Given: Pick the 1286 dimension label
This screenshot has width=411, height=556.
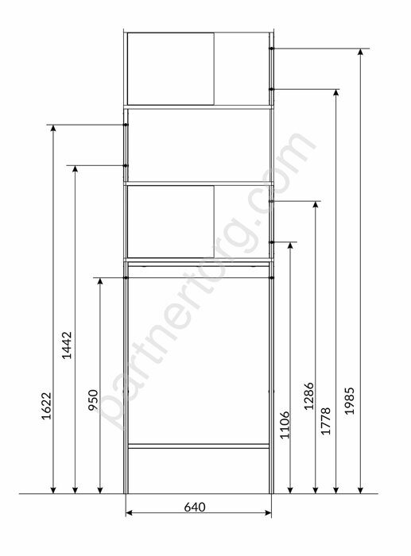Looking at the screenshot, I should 309,396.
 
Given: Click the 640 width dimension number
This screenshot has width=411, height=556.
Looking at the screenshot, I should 200,505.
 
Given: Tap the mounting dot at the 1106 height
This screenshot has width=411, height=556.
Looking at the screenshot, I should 272,241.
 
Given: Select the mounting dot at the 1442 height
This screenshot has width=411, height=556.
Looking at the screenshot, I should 126,165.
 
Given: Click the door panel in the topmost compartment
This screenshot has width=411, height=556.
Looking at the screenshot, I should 170,68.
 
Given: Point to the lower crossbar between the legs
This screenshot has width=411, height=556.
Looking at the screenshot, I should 199,446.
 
